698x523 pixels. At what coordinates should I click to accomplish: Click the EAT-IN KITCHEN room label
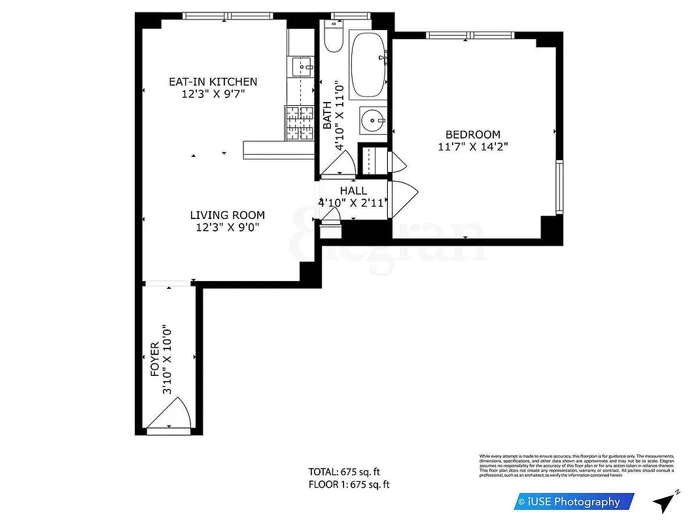pyautogui.click(x=213, y=82)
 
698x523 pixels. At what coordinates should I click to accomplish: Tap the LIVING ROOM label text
pyautogui.click(x=227, y=215)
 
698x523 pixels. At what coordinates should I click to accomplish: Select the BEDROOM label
pyautogui.click(x=472, y=135)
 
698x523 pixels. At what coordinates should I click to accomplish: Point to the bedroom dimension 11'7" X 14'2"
pyautogui.click(x=472, y=147)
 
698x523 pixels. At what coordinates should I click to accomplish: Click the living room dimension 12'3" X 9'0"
pyautogui.click(x=227, y=228)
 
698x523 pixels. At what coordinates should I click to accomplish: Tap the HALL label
pyautogui.click(x=353, y=191)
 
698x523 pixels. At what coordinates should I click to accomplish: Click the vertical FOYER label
pyautogui.click(x=155, y=360)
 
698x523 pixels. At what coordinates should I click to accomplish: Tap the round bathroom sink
pyautogui.click(x=372, y=121)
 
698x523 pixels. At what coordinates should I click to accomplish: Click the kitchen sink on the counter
pyautogui.click(x=302, y=65)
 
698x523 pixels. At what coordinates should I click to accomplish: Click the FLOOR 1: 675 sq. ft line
pyautogui.click(x=349, y=484)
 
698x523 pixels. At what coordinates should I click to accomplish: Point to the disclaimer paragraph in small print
pyautogui.click(x=576, y=465)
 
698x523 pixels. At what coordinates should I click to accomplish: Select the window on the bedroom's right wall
pyautogui.click(x=559, y=188)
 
